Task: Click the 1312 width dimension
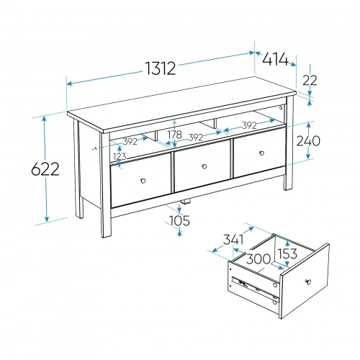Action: point(161,68)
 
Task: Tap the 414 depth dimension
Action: point(275,59)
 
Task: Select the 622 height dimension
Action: point(45,169)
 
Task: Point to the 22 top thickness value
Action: point(310,80)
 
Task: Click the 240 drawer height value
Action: point(308,140)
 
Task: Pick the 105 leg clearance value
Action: point(179,220)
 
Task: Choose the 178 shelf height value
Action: point(175,135)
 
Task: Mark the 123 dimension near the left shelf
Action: point(120,156)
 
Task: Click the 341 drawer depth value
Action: point(233,240)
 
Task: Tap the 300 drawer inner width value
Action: point(258,259)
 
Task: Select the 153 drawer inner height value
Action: point(287,253)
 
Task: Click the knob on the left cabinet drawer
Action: point(143,181)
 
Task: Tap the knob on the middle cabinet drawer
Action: point(204,166)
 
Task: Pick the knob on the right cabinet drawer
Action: point(261,153)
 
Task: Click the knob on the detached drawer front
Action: point(308,282)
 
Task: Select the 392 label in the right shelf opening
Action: point(249,125)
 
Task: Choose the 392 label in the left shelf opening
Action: point(130,142)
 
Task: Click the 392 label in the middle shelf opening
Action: point(196,138)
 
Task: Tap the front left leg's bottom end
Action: point(107,236)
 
